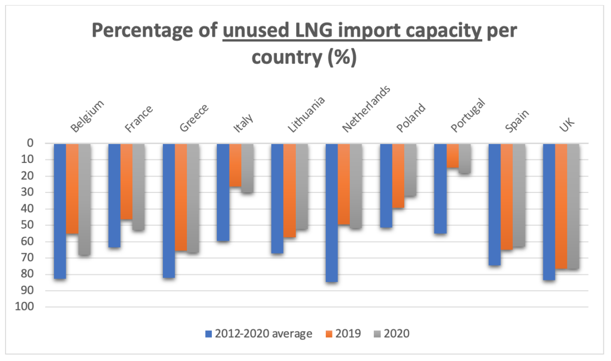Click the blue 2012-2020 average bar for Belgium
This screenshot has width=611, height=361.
point(60,211)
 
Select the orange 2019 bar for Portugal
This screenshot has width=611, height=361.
point(453,156)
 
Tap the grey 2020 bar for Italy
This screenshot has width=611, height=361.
point(247,168)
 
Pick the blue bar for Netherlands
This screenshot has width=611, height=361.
point(331,212)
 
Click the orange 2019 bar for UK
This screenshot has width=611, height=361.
point(561,206)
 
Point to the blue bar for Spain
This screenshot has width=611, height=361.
point(494,204)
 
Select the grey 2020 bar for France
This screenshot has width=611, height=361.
point(138,187)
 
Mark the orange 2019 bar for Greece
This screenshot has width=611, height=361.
point(181,197)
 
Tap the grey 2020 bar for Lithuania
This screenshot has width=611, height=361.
point(301,186)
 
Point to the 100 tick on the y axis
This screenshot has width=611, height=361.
point(25,307)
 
